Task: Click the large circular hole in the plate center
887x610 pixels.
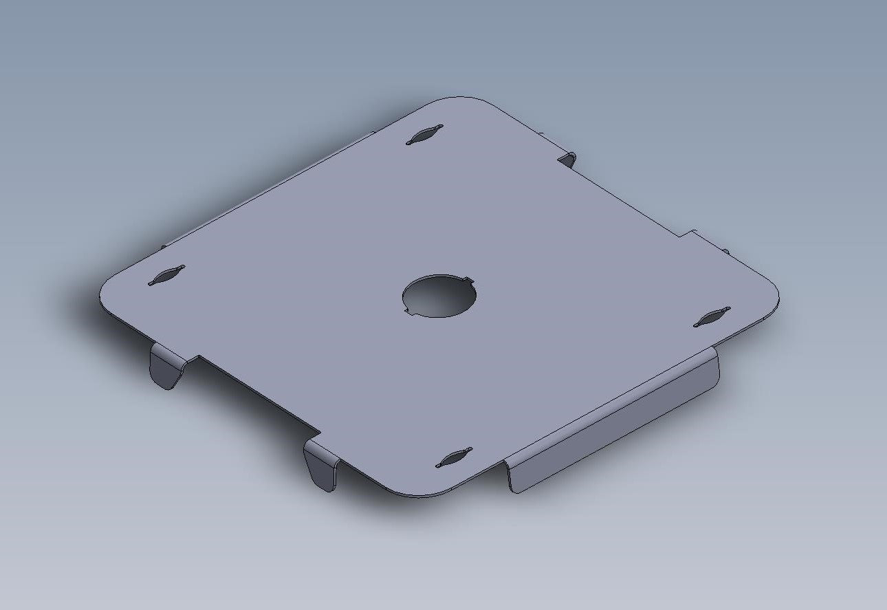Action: point(440,296)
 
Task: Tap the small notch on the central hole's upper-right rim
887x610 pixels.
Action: point(470,280)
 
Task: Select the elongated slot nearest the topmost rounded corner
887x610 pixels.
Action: point(424,135)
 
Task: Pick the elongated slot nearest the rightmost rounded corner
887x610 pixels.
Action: point(712,316)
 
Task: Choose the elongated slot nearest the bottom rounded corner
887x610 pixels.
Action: point(454,458)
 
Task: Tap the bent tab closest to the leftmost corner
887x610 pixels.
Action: point(165,368)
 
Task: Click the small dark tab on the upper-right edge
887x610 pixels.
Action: point(567,160)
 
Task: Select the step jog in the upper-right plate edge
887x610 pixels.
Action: point(684,235)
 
